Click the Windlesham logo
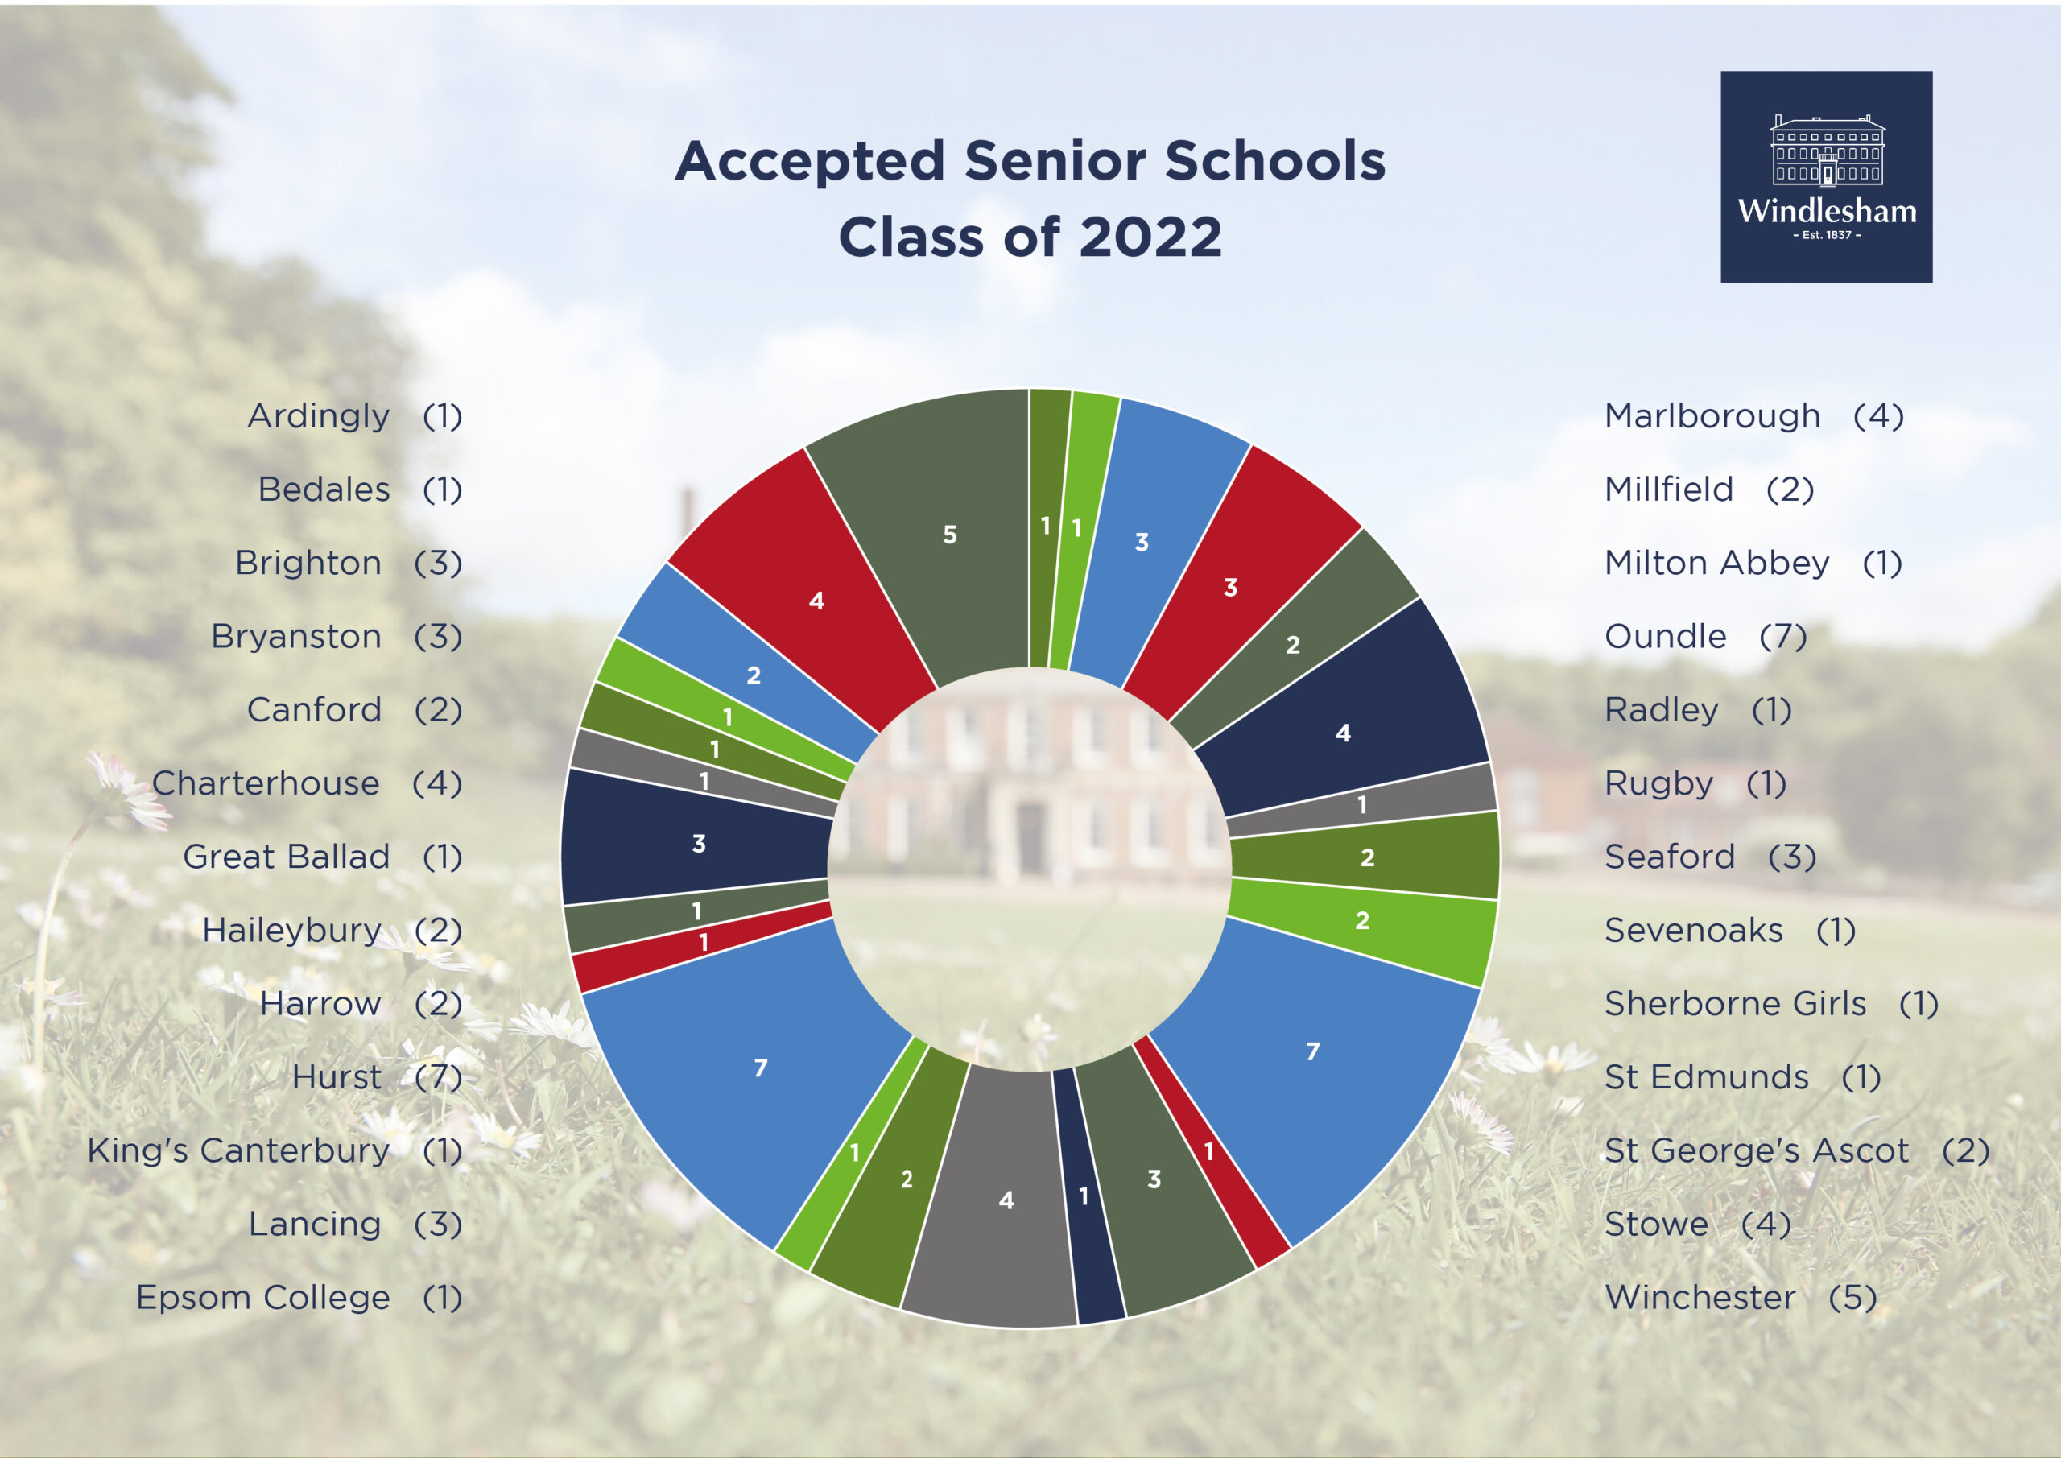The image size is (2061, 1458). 1826,177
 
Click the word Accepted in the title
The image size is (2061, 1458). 810,162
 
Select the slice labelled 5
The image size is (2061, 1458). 934,535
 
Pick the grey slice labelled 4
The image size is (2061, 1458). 997,1199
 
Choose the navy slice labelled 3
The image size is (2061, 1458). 696,840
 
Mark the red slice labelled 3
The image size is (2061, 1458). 1239,584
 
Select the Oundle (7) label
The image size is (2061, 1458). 1705,637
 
